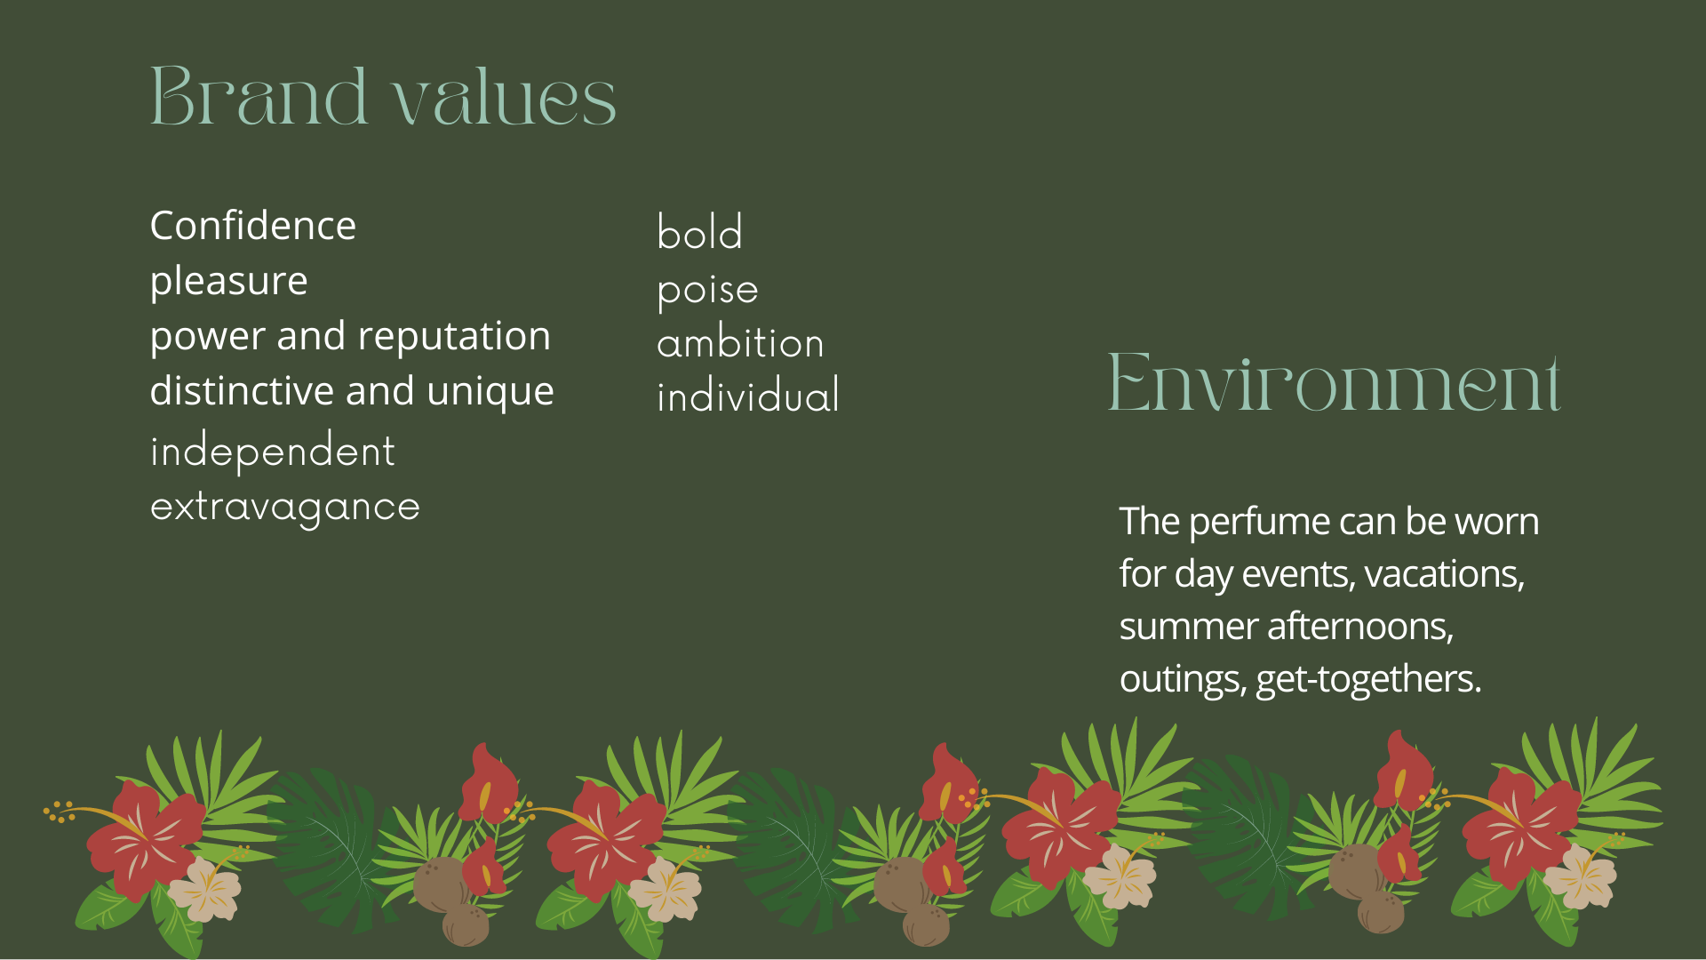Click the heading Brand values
[x=383, y=95]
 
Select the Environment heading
[x=1334, y=382]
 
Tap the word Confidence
[x=253, y=226]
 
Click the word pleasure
[x=229, y=282]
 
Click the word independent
[x=273, y=451]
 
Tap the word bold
[x=700, y=232]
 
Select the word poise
[x=708, y=290]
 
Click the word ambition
[x=741, y=342]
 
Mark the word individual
[x=748, y=396]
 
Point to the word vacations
[x=1445, y=574]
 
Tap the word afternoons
[x=1360, y=627]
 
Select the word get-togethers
[x=1368, y=680]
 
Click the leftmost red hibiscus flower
[x=144, y=840]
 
